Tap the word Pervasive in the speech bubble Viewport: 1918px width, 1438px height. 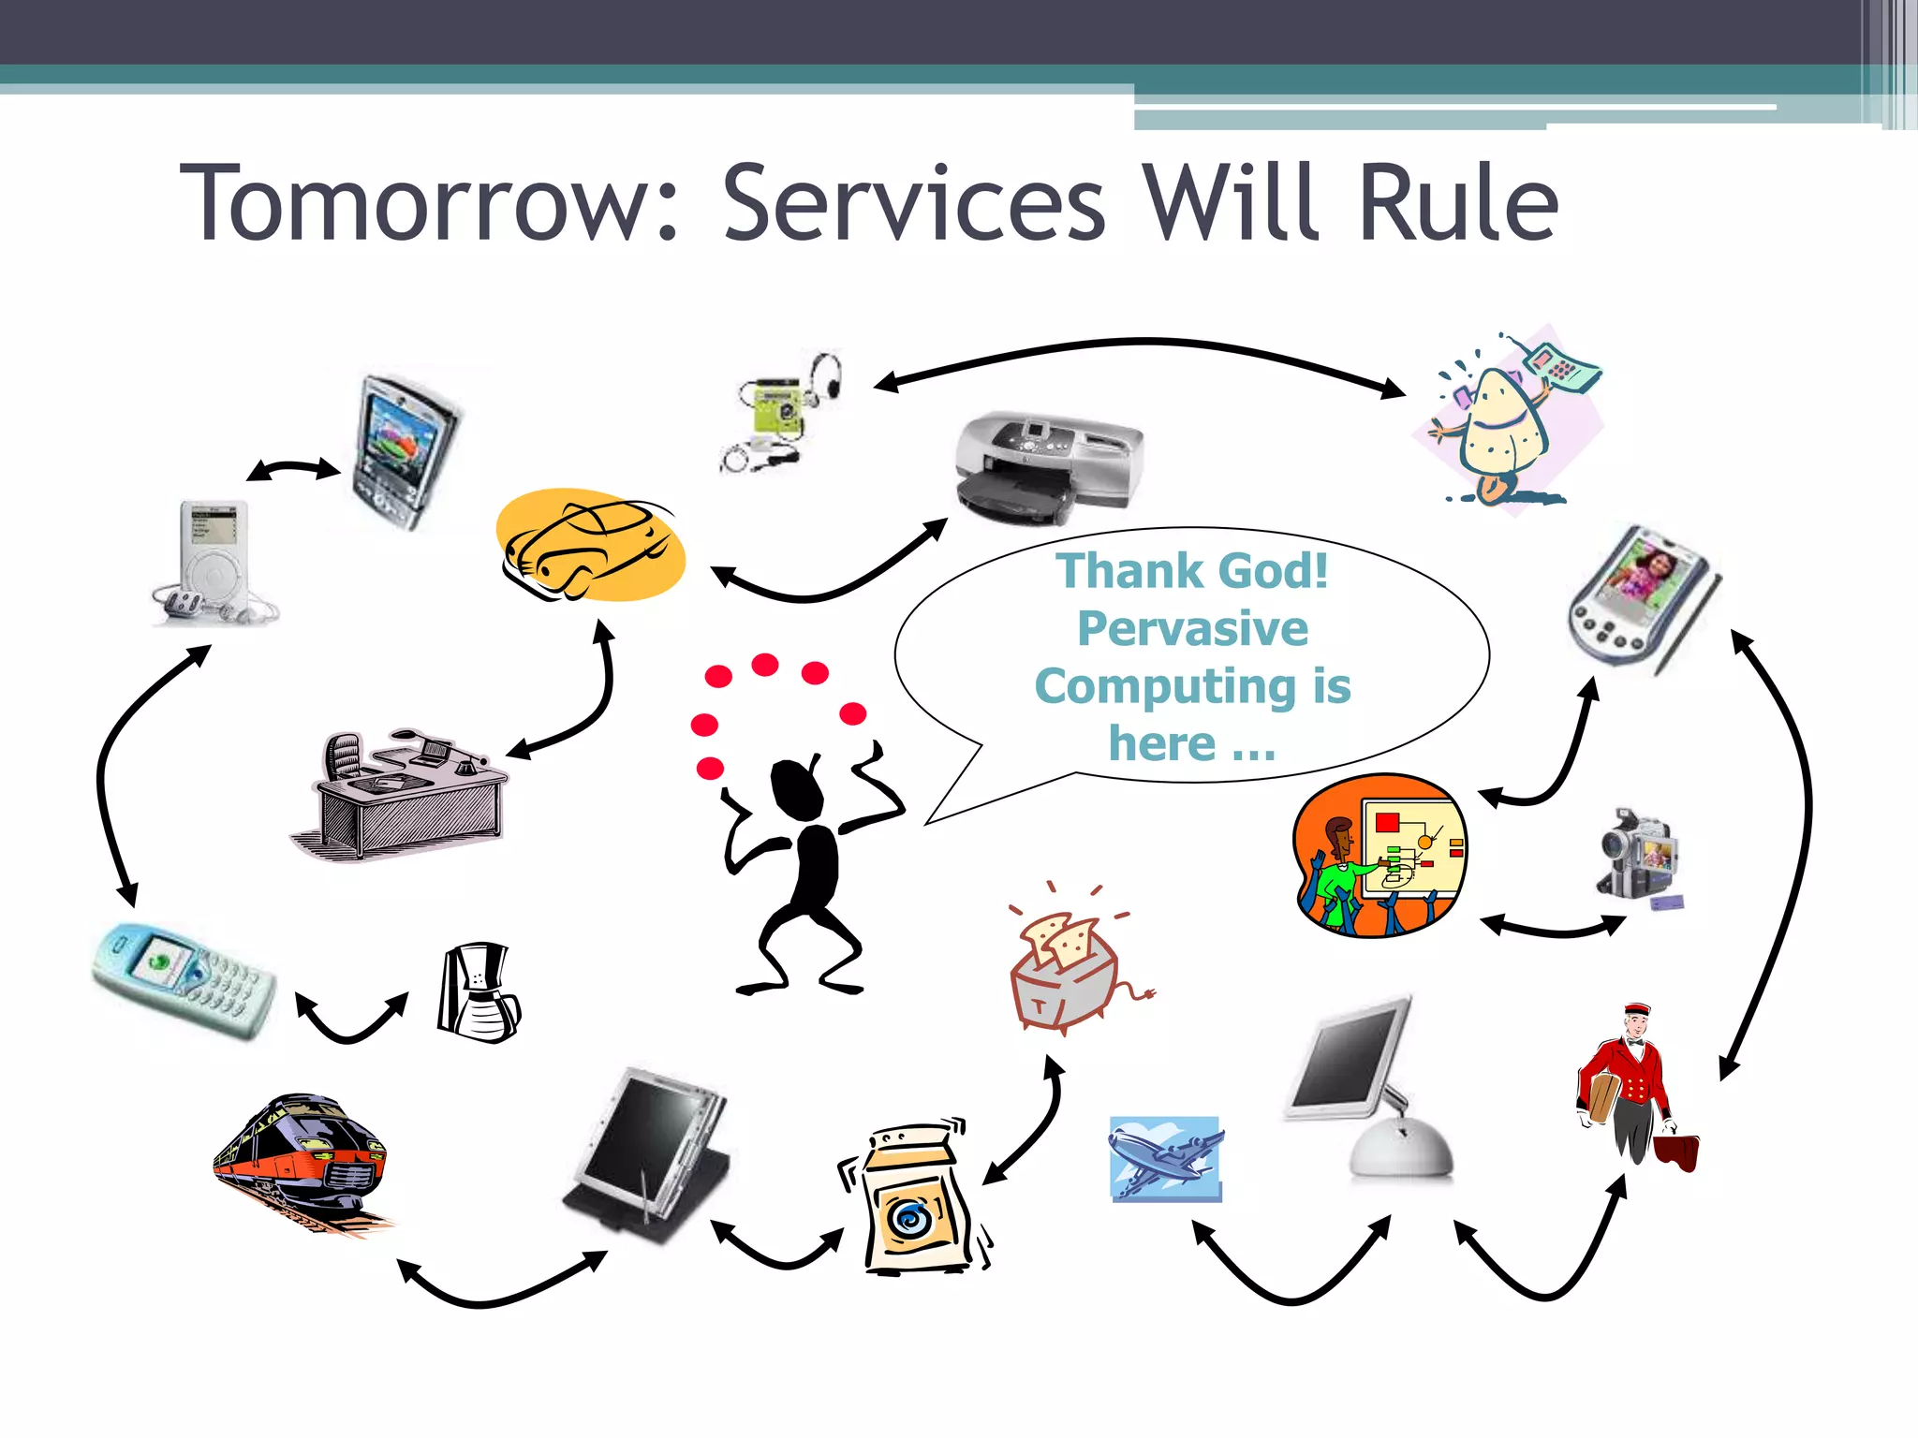1192,628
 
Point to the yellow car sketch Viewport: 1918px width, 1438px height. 590,546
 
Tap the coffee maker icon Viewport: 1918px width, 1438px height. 478,994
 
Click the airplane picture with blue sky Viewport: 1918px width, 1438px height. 1166,1159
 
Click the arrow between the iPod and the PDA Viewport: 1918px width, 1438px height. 293,469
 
